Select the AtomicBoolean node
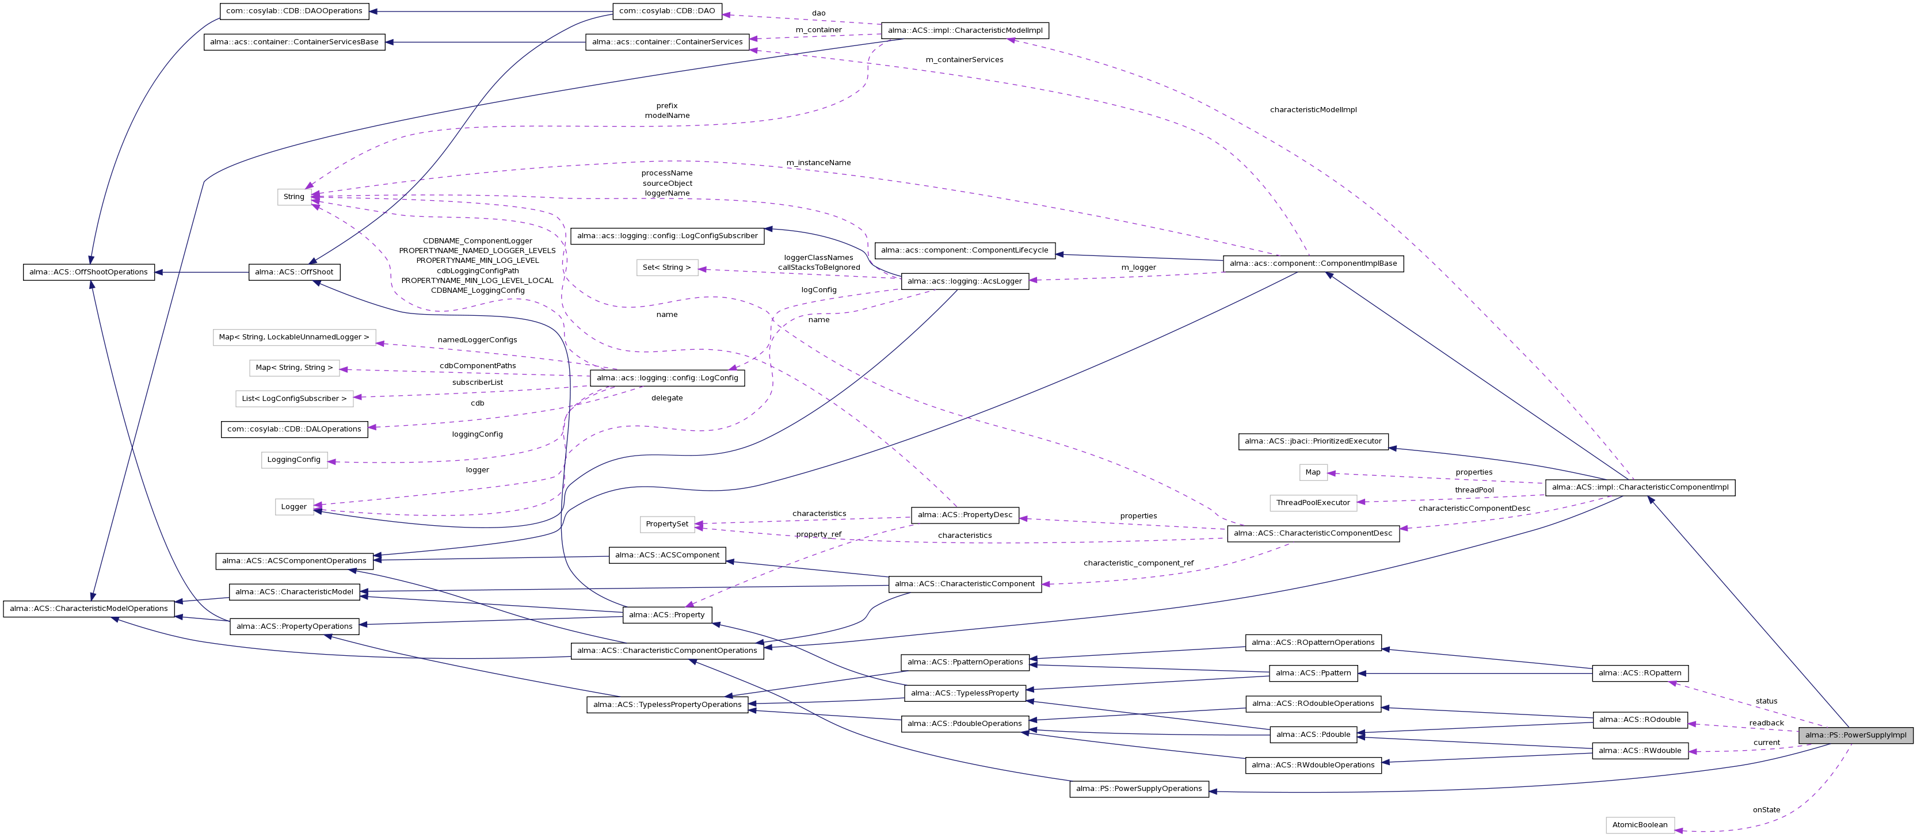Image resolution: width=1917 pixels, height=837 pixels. [1640, 825]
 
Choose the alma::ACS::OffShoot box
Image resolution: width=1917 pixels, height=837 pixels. [294, 272]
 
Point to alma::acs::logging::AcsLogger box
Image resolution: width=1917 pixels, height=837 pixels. [965, 281]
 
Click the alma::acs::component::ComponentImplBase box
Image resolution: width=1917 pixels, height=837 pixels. [1313, 263]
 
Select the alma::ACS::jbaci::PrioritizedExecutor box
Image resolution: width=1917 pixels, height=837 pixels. [1313, 441]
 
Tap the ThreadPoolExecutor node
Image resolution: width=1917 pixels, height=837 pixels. [1313, 503]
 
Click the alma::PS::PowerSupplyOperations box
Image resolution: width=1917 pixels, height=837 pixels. [1138, 789]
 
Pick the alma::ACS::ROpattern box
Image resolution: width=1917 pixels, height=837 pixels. [1640, 673]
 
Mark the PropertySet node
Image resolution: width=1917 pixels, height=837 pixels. [667, 525]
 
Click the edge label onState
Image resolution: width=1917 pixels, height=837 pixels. [1766, 810]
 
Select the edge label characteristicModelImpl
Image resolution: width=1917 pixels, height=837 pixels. [1313, 110]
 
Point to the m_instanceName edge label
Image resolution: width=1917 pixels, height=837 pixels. [818, 163]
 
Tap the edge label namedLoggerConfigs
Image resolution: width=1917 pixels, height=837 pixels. [477, 340]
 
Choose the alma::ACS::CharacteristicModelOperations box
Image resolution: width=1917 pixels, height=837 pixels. [89, 609]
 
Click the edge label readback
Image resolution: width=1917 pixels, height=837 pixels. [1766, 723]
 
